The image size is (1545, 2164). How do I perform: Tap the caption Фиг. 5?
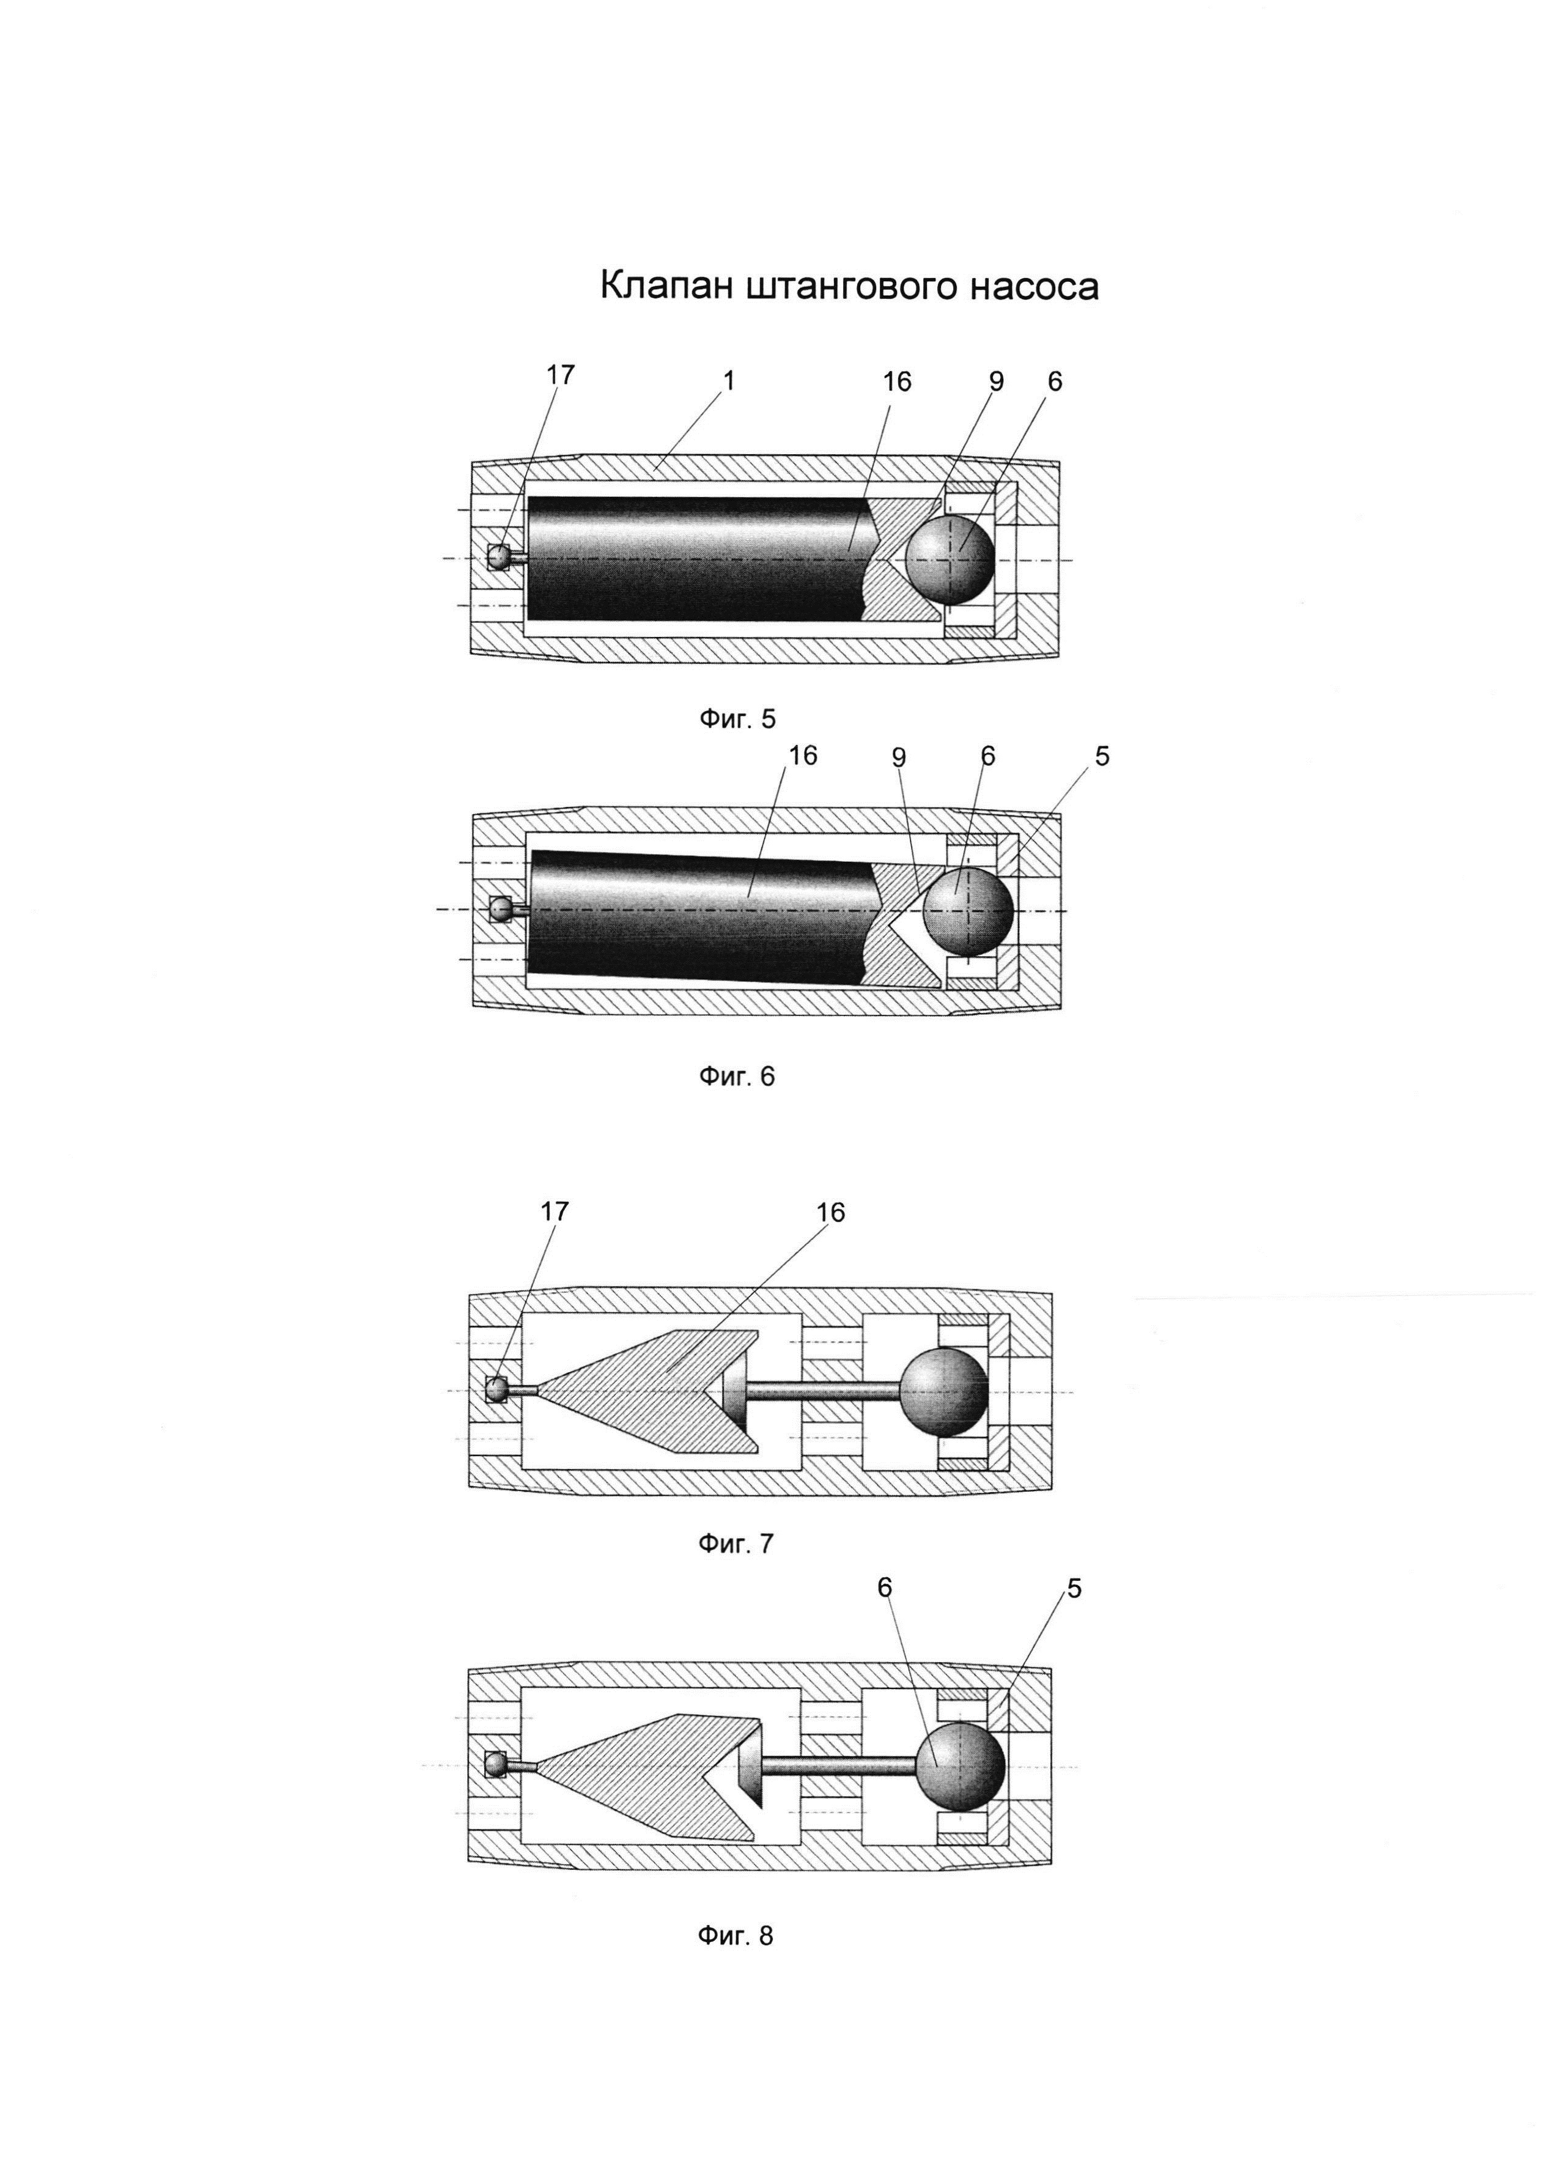(737, 719)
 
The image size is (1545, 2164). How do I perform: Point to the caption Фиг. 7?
(736, 1543)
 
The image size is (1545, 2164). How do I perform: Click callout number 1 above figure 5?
(729, 380)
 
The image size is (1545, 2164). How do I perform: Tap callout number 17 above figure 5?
(561, 375)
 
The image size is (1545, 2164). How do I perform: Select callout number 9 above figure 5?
(996, 381)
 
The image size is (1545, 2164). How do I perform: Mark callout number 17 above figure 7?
(555, 1211)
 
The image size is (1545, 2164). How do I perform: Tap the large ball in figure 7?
(944, 1391)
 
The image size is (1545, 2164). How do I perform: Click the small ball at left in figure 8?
(496, 1764)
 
